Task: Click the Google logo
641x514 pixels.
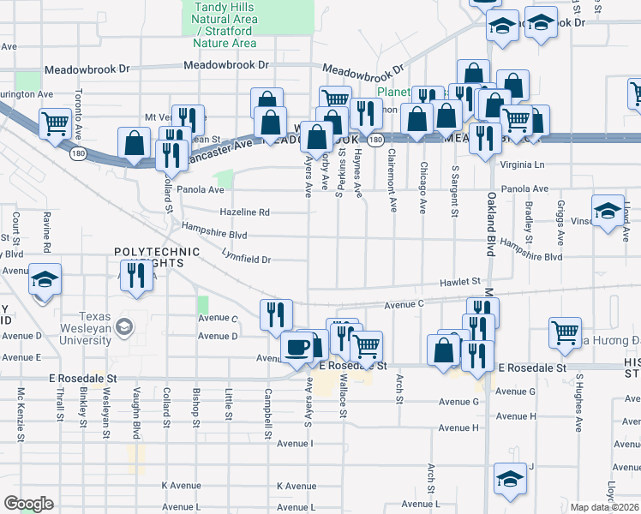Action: [x=29, y=504]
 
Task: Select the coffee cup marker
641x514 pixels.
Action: [x=297, y=347]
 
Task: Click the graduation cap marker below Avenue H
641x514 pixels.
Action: [x=510, y=478]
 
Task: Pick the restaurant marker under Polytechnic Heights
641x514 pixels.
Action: [x=136, y=276]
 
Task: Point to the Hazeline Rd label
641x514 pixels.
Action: [x=244, y=212]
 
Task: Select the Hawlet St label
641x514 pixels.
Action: [x=460, y=280]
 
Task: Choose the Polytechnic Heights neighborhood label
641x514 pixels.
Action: [x=157, y=257]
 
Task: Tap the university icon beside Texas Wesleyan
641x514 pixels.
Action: [x=125, y=326]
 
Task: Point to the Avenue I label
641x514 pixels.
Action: [x=292, y=443]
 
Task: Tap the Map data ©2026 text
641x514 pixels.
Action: [x=604, y=507]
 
